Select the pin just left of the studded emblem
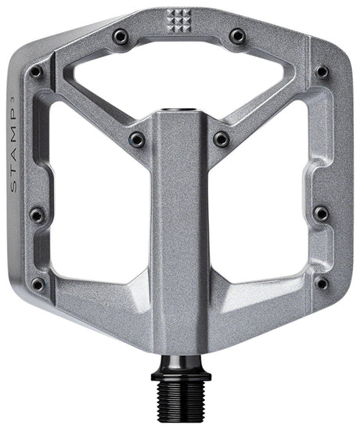point(122,36)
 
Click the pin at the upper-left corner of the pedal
point(36,73)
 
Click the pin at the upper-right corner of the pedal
point(322,72)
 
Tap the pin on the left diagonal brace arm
point(137,140)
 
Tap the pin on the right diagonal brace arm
point(222,140)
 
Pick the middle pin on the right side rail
point(321,214)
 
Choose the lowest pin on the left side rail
point(37,283)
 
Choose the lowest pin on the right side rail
point(322,283)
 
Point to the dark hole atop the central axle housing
point(179,103)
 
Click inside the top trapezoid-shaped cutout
point(179,74)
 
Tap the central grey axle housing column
point(179,235)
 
